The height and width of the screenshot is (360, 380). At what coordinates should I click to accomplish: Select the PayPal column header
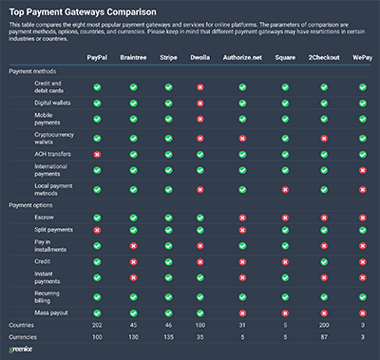tap(96, 59)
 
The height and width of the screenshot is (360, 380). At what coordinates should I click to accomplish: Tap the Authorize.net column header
tap(243, 59)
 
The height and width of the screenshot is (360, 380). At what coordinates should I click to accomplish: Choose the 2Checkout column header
tap(324, 59)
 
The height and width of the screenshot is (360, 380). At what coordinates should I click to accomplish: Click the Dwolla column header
tap(199, 59)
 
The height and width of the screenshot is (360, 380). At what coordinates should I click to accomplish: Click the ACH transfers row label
tap(55, 154)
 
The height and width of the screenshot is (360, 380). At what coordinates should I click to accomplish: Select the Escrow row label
tap(45, 218)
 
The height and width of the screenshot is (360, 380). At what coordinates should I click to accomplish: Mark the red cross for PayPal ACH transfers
tap(96, 154)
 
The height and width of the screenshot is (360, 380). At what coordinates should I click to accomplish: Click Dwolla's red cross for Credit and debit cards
tap(199, 86)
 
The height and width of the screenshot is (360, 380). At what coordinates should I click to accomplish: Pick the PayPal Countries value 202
tap(96, 325)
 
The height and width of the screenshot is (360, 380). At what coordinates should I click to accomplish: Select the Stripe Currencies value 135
tap(168, 337)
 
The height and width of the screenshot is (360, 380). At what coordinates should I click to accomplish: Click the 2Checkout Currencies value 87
tap(324, 337)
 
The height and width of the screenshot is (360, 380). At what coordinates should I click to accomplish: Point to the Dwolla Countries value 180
tap(199, 325)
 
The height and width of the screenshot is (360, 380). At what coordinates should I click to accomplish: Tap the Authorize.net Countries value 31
tap(243, 325)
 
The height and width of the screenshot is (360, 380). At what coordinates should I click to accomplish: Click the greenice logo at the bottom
tap(22, 350)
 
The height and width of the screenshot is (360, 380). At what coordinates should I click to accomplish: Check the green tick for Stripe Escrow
tap(168, 218)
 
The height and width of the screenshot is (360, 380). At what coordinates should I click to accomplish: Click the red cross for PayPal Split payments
tap(96, 230)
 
